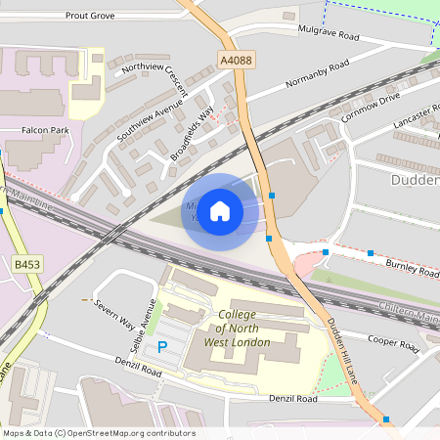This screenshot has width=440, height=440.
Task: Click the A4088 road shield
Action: tap(235, 61)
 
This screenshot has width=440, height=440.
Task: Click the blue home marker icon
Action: tap(220, 211)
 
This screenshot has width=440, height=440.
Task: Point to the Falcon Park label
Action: tap(46, 130)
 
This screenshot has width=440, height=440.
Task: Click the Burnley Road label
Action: tap(413, 269)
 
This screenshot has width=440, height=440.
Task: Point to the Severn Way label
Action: tap(113, 311)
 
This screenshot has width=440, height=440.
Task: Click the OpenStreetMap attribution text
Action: tap(99, 433)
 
